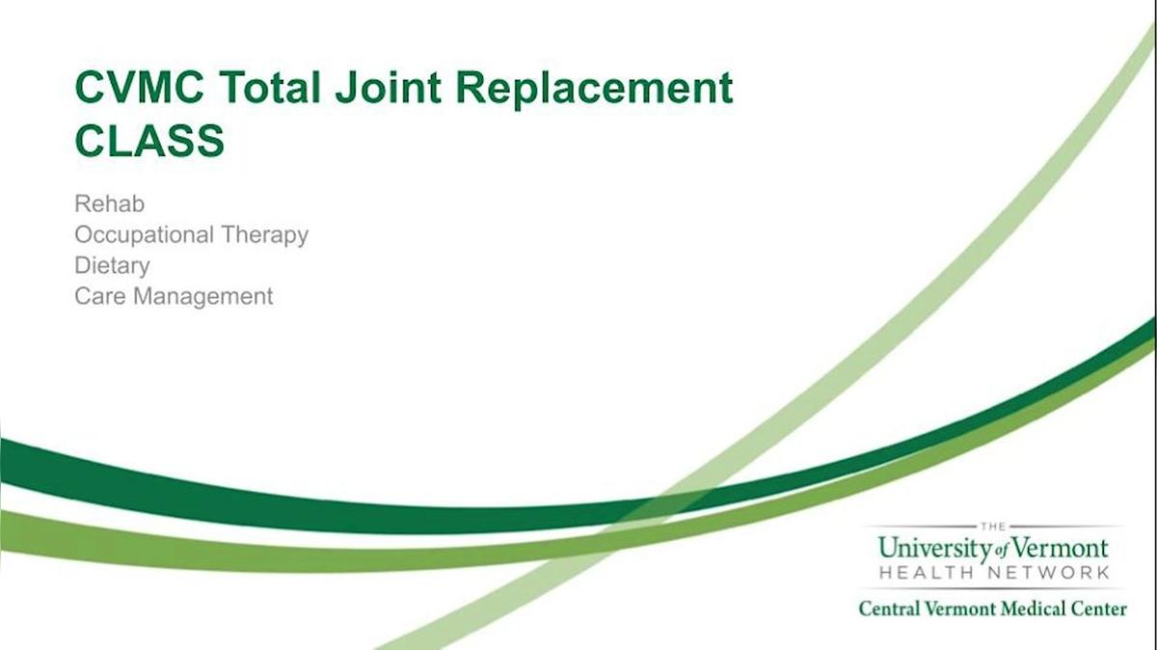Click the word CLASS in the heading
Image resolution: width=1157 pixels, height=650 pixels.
(x=149, y=141)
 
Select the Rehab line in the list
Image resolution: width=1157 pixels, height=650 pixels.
(x=109, y=204)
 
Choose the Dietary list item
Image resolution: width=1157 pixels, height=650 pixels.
(x=112, y=265)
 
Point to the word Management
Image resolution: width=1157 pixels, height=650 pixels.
(x=203, y=296)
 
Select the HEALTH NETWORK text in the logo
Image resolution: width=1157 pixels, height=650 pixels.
(x=993, y=573)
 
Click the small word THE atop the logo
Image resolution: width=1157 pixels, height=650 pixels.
(x=992, y=526)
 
